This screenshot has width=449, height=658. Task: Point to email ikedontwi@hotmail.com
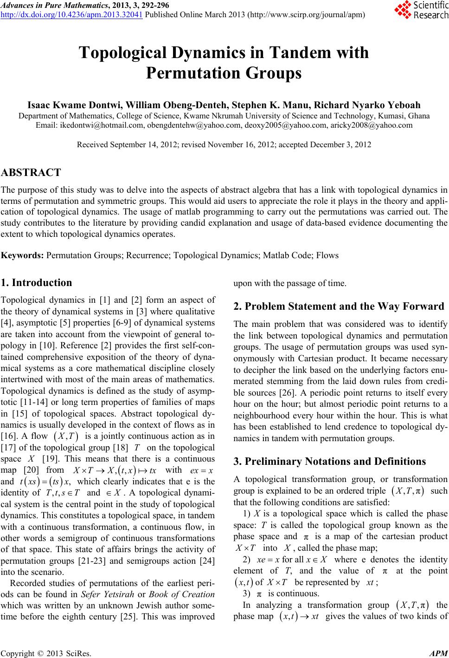point(92,124)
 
